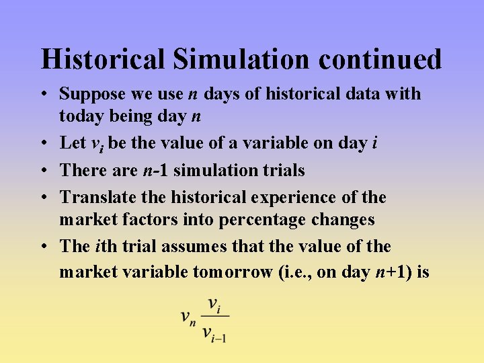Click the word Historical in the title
(x=103, y=59)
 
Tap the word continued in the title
(x=380, y=59)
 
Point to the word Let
(x=73, y=143)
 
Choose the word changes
(x=341, y=220)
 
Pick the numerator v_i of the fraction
(x=214, y=305)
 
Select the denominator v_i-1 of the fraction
(x=214, y=333)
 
